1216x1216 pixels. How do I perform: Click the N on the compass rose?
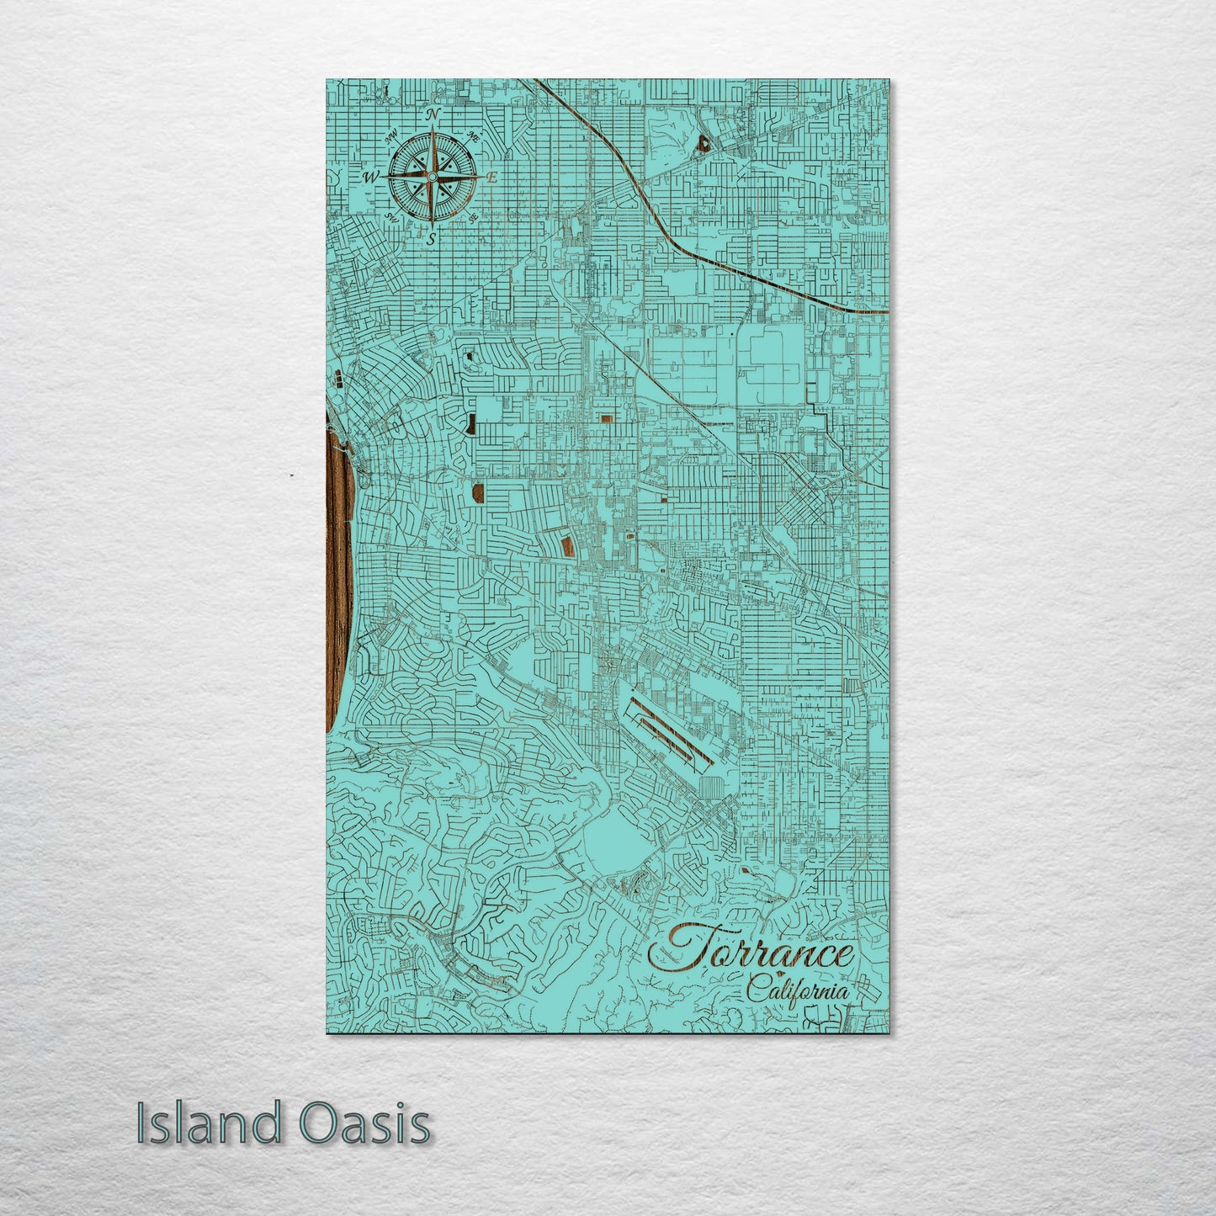(x=433, y=115)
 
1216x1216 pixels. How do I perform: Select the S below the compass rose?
(x=431, y=238)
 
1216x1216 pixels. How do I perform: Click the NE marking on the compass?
(x=473, y=137)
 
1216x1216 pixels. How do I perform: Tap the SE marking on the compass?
(x=473, y=217)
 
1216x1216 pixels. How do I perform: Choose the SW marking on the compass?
(x=392, y=217)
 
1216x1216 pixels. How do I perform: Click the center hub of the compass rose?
(x=432, y=177)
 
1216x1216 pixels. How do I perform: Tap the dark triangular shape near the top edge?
(x=703, y=143)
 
